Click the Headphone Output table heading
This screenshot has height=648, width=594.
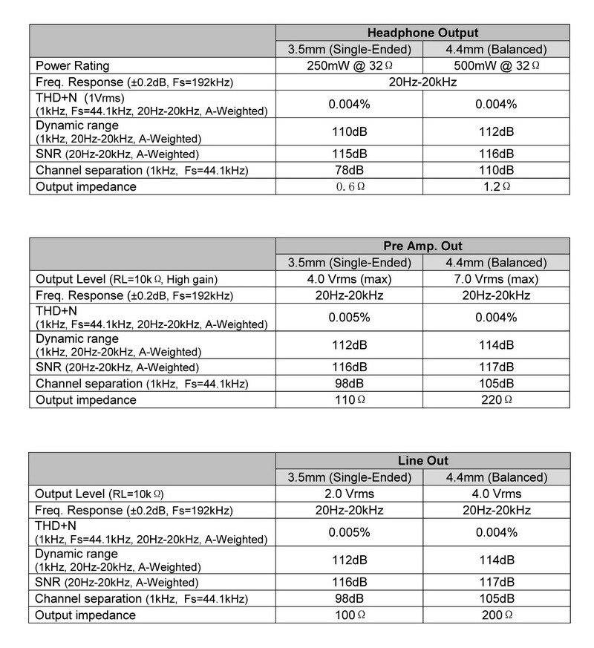pyautogui.click(x=422, y=33)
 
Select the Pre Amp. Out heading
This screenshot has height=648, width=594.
pyautogui.click(x=422, y=246)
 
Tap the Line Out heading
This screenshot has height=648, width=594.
pyautogui.click(x=422, y=461)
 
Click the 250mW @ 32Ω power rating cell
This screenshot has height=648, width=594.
pyautogui.click(x=349, y=65)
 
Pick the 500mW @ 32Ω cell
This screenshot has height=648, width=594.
pyautogui.click(x=495, y=65)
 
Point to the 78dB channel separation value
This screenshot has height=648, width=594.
pyautogui.click(x=349, y=170)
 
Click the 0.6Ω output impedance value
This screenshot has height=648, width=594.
pyautogui.click(x=349, y=186)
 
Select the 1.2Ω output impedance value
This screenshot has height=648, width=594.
pyautogui.click(x=495, y=186)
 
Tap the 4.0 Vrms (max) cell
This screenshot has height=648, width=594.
pyautogui.click(x=349, y=279)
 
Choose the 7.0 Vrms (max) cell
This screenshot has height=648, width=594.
pyautogui.click(x=495, y=279)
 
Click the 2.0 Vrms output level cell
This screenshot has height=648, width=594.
pyautogui.click(x=349, y=494)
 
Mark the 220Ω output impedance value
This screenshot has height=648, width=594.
pyautogui.click(x=495, y=400)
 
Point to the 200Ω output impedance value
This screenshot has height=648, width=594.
pyautogui.click(x=495, y=615)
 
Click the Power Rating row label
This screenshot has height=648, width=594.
pyautogui.click(x=72, y=65)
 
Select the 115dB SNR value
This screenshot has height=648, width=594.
pyautogui.click(x=349, y=154)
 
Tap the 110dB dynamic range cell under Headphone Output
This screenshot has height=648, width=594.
pyautogui.click(x=349, y=131)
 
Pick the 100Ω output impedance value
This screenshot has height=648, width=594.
pyautogui.click(x=349, y=615)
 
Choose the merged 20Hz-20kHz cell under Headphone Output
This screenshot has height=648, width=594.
pyautogui.click(x=422, y=82)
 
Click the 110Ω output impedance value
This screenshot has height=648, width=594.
pyautogui.click(x=349, y=400)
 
